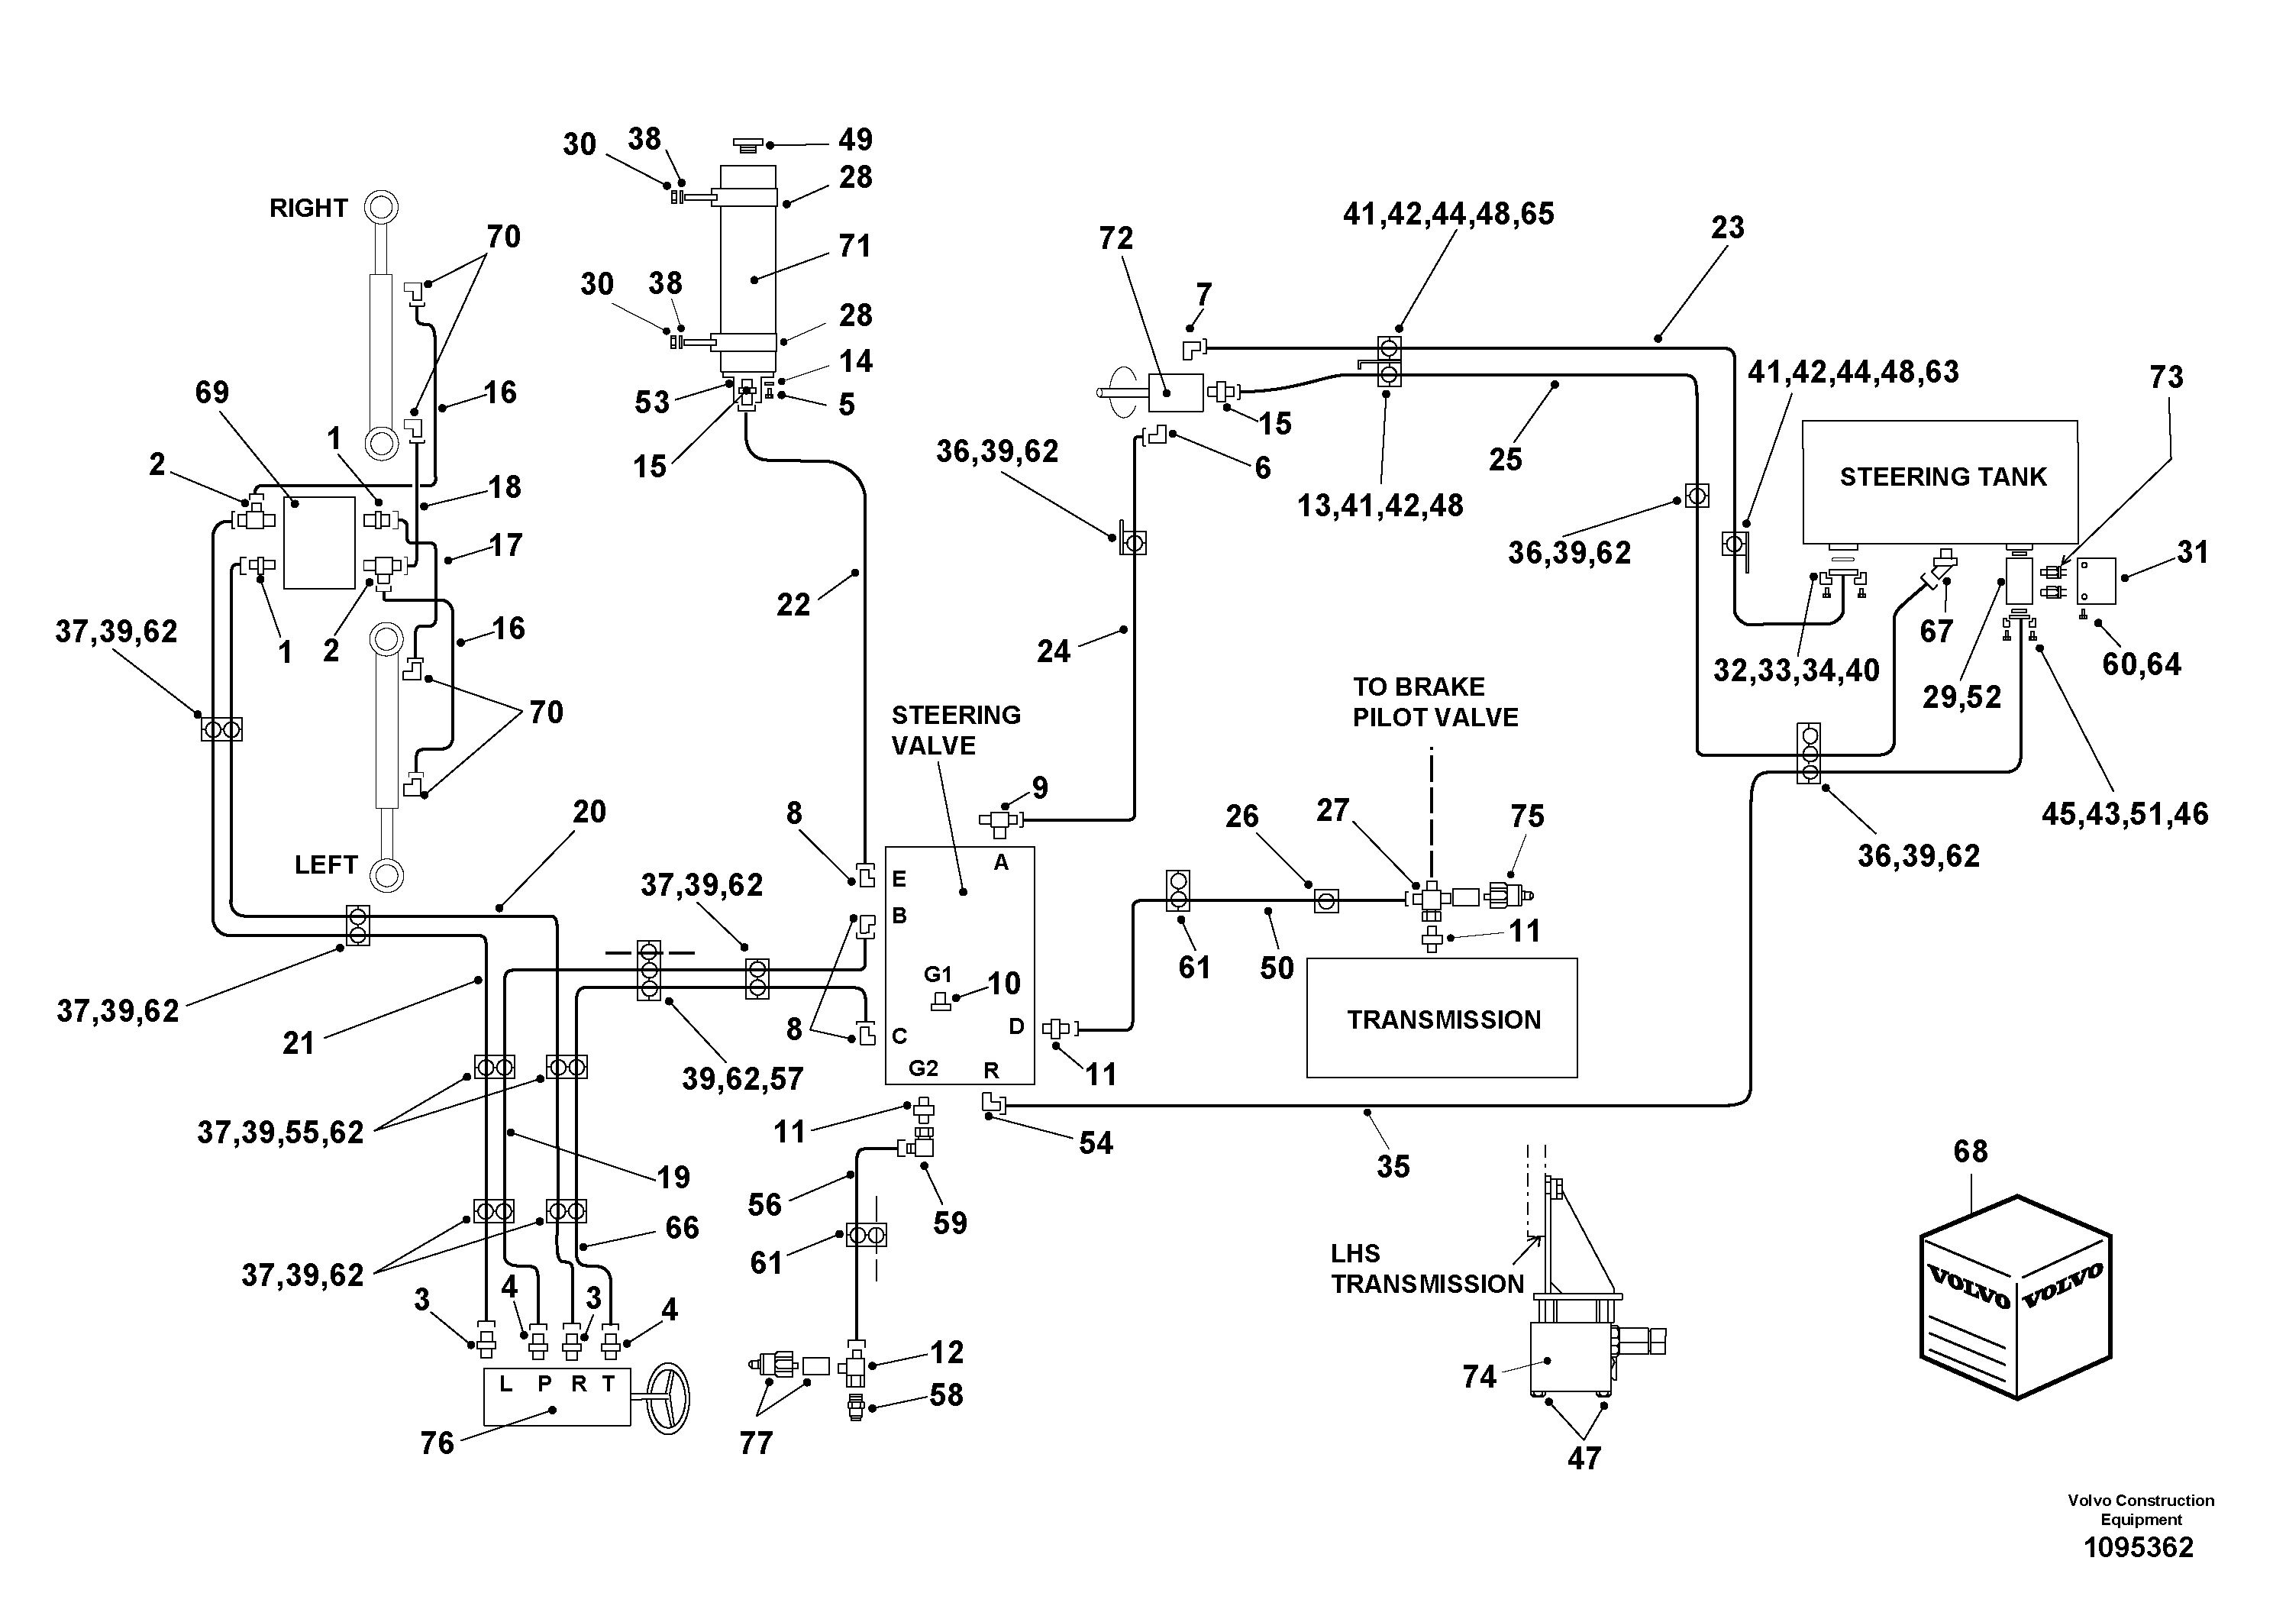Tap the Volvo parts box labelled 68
(x=2016, y=1298)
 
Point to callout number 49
(x=855, y=140)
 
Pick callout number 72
(x=1116, y=238)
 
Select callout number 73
(x=2166, y=376)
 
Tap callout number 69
(x=211, y=392)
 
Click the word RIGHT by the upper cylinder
(x=309, y=208)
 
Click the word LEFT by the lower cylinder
(x=326, y=864)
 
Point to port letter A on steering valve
(x=1001, y=862)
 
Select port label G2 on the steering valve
(x=924, y=1068)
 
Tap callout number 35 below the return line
(x=1393, y=1165)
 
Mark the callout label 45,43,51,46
(x=2125, y=814)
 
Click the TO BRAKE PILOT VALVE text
(x=1435, y=702)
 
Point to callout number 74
(x=1479, y=1375)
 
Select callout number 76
(x=437, y=1443)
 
